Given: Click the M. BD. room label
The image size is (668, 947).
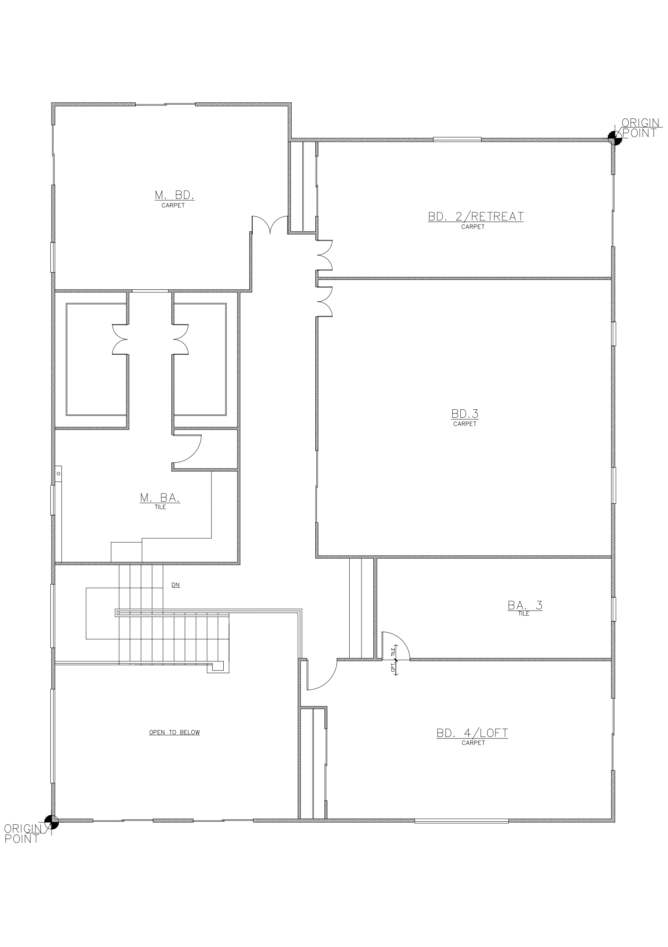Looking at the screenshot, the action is click(174, 195).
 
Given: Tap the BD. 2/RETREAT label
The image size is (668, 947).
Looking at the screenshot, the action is click(476, 216).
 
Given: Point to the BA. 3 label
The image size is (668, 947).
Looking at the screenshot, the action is click(525, 606).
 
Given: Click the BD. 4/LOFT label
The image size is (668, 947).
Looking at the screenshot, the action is click(472, 733).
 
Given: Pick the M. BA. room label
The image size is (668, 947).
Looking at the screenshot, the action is click(160, 498).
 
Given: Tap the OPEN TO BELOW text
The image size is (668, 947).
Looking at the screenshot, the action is click(174, 732).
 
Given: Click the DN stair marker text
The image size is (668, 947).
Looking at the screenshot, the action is click(176, 585).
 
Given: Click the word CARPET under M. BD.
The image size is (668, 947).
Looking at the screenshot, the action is click(173, 205).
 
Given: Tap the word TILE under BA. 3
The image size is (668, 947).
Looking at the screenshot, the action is click(524, 614).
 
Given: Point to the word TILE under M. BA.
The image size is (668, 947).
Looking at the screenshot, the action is click(160, 507).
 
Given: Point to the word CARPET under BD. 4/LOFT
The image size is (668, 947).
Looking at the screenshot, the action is click(473, 743).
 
